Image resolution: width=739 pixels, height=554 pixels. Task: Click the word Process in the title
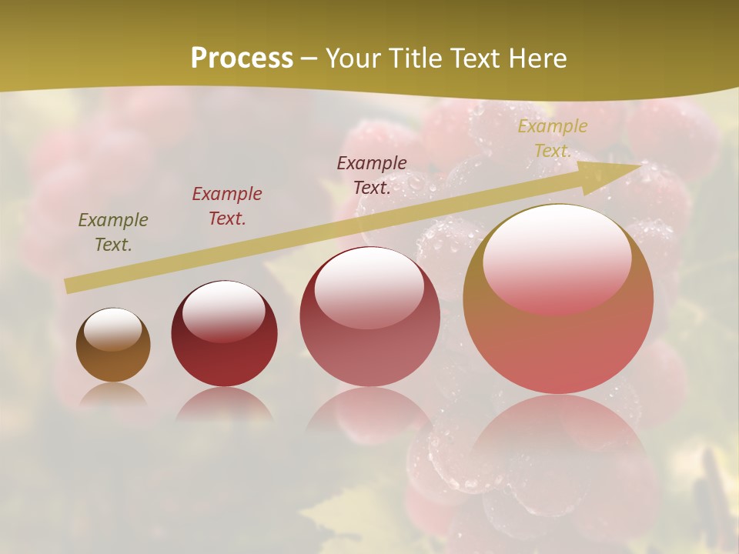click(x=242, y=58)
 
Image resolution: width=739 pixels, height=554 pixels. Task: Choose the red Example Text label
click(x=227, y=206)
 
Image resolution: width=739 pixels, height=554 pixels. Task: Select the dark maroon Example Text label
click(x=372, y=175)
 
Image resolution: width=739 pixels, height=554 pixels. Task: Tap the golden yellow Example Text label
click(x=553, y=138)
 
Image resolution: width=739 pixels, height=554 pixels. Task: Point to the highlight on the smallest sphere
click(x=113, y=329)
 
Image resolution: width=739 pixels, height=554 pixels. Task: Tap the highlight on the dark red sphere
click(x=223, y=309)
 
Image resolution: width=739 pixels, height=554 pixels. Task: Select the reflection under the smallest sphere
click(x=113, y=395)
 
